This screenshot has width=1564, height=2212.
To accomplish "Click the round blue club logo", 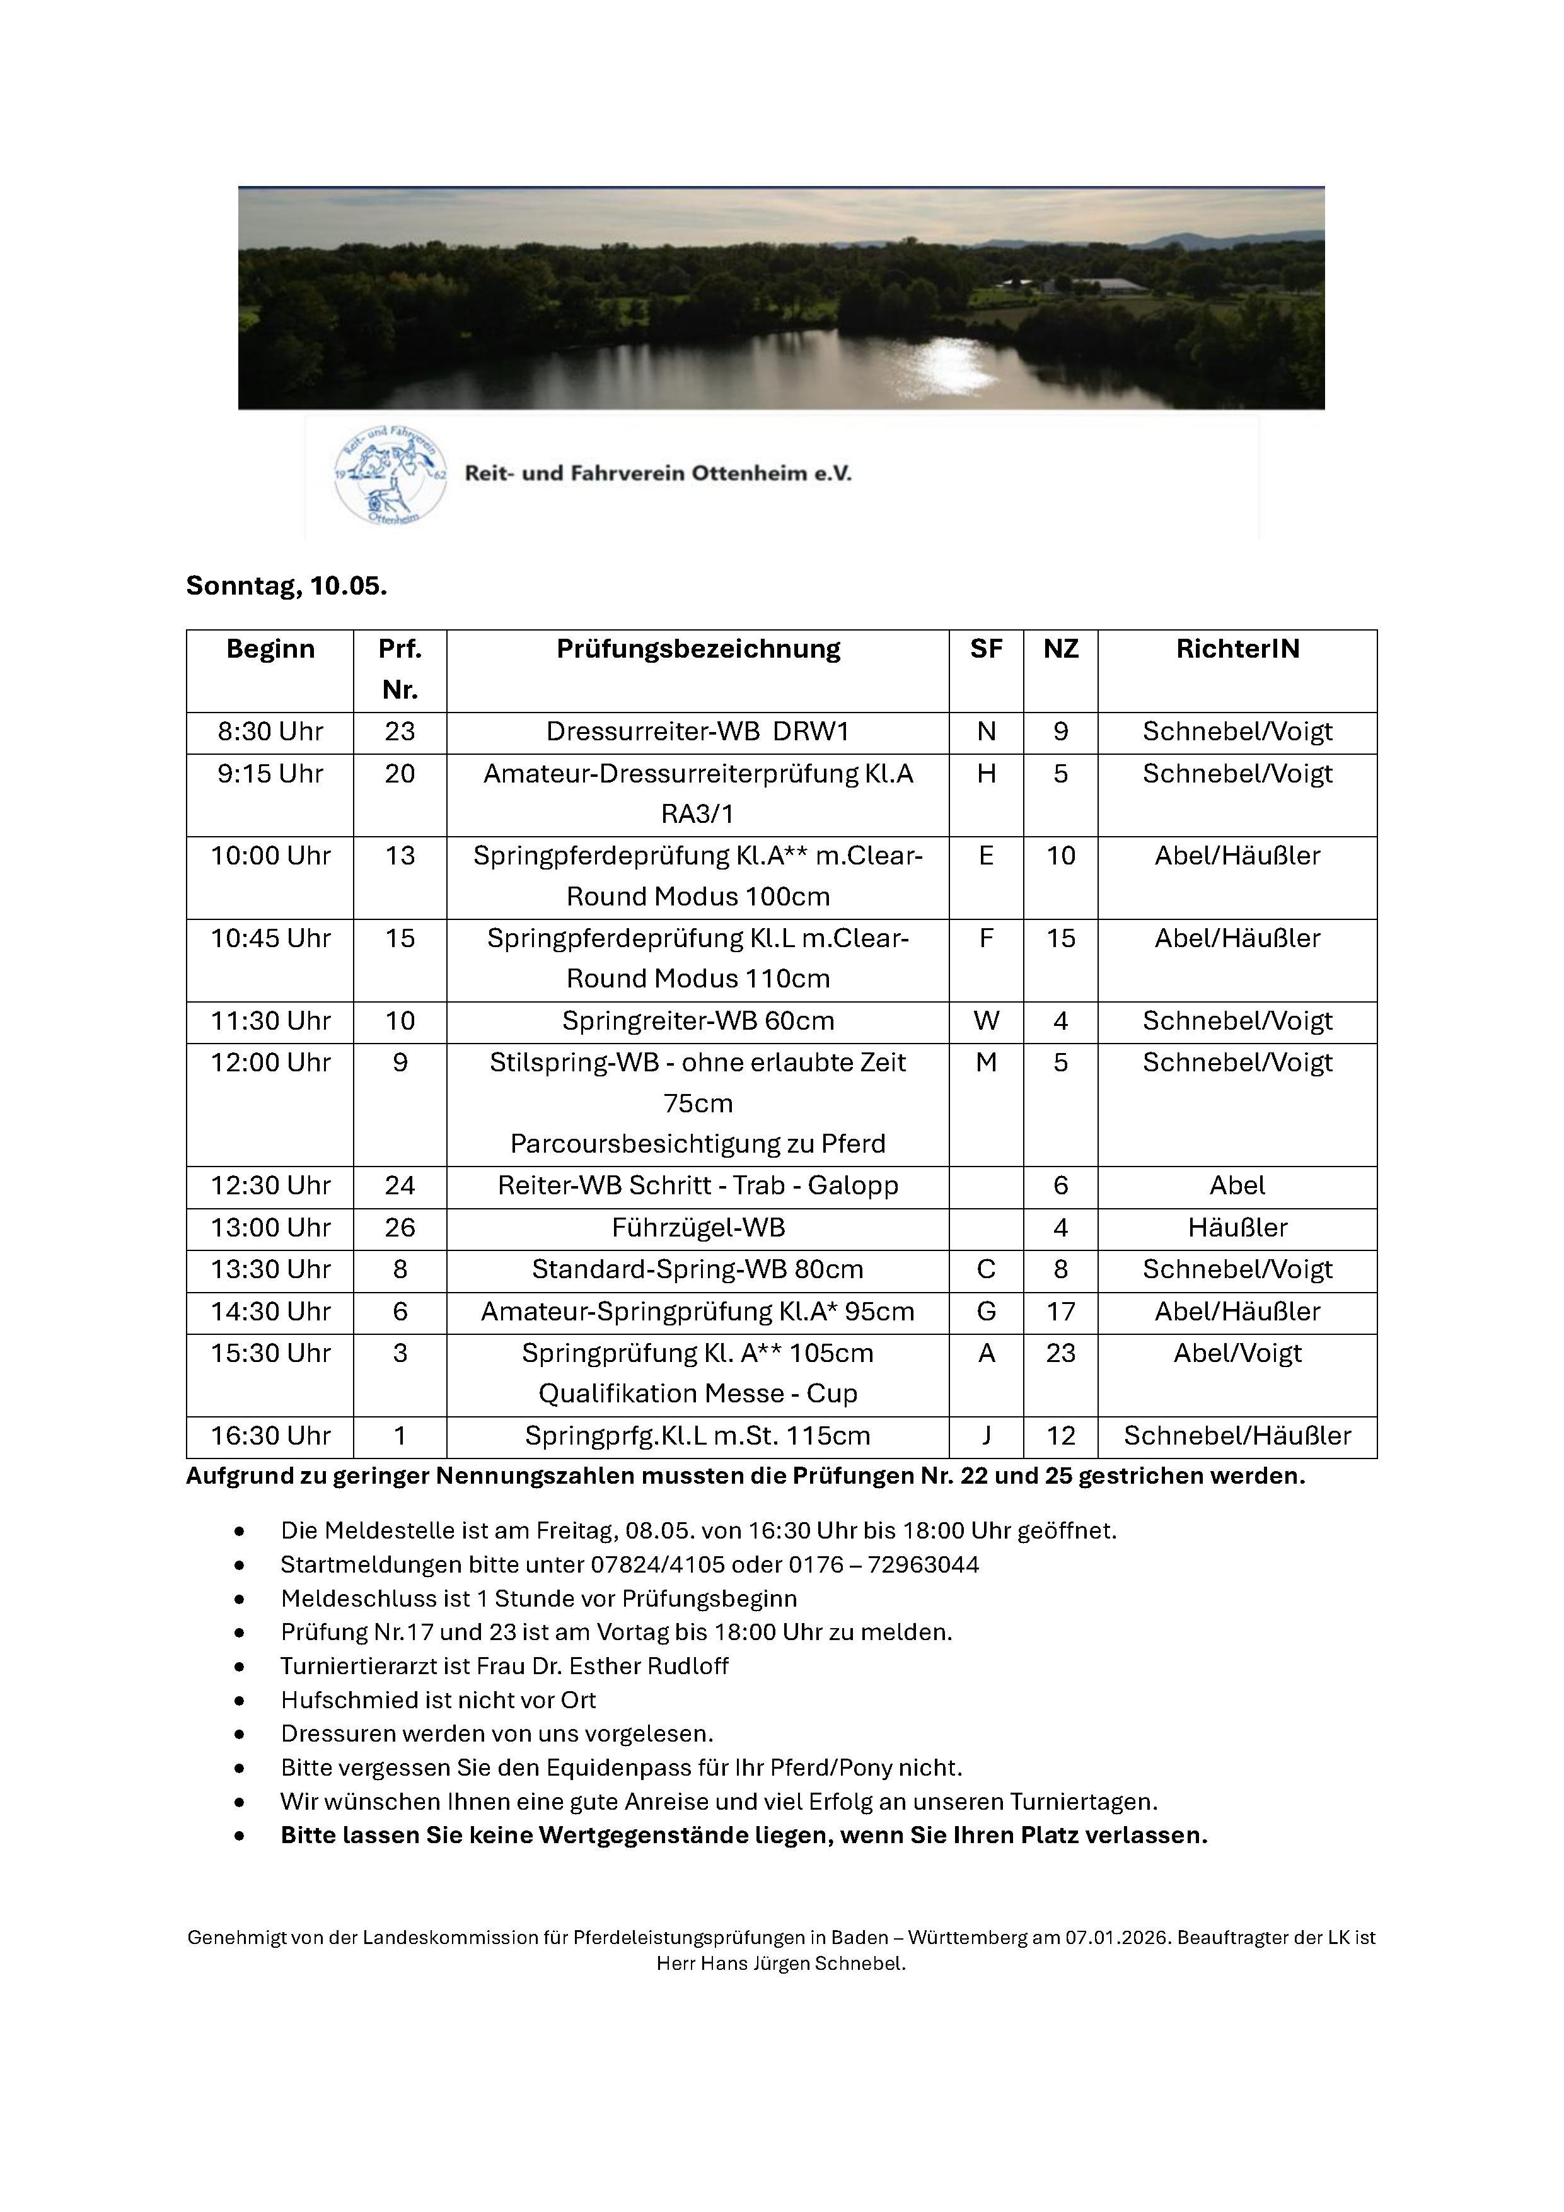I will (390, 476).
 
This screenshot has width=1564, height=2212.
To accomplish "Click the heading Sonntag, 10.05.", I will (286, 586).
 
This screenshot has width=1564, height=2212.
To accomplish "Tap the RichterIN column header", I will (1237, 649).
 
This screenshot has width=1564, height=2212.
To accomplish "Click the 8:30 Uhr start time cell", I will (270, 732).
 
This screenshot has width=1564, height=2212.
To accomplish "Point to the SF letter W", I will (985, 1022).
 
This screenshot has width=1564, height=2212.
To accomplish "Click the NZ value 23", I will (1060, 1354).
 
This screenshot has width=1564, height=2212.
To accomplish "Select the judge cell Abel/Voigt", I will (1237, 1354).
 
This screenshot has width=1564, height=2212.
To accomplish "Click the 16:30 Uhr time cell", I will (270, 1436).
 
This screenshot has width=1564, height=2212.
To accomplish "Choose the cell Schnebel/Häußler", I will (1237, 1436).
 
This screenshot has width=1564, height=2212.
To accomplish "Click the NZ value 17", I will (1060, 1312).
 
